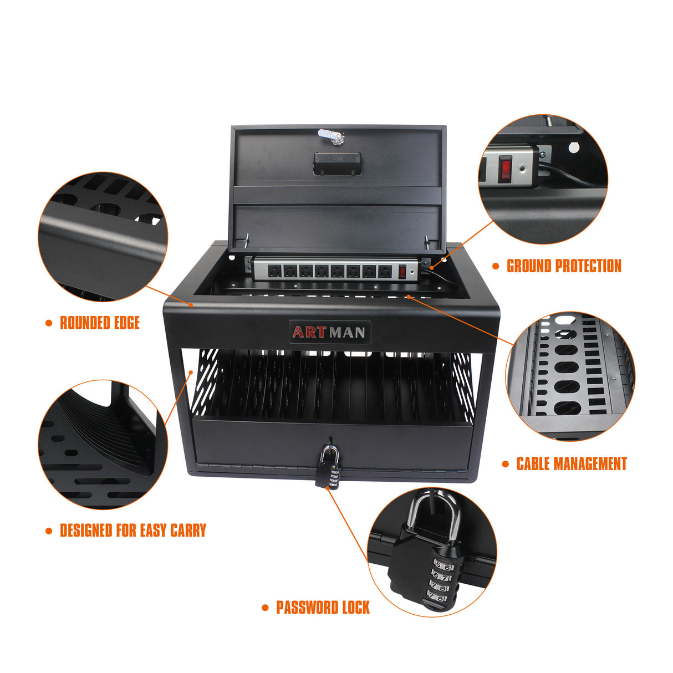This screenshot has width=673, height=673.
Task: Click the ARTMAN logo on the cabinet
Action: (x=329, y=332)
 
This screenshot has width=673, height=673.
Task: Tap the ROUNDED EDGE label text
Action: (x=100, y=323)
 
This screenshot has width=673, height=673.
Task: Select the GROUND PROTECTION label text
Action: (x=564, y=266)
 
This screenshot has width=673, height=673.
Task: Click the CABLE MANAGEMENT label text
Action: (x=572, y=464)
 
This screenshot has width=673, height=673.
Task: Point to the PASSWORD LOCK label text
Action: (x=323, y=608)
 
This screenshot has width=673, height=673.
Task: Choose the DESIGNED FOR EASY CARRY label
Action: (x=132, y=531)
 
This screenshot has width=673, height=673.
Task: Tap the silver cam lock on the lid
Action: (x=330, y=136)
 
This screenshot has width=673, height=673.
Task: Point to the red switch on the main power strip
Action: (x=402, y=272)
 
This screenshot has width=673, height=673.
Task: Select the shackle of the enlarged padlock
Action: (x=434, y=513)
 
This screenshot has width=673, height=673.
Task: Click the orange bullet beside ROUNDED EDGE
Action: (x=49, y=323)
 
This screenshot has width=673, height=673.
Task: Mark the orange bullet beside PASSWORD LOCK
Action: (x=265, y=608)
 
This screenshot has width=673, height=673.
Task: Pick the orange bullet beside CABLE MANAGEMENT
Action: (x=505, y=464)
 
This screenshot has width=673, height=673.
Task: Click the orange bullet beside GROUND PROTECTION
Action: (x=496, y=266)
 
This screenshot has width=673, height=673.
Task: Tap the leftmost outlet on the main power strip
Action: (x=274, y=271)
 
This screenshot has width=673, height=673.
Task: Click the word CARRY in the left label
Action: (x=188, y=531)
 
